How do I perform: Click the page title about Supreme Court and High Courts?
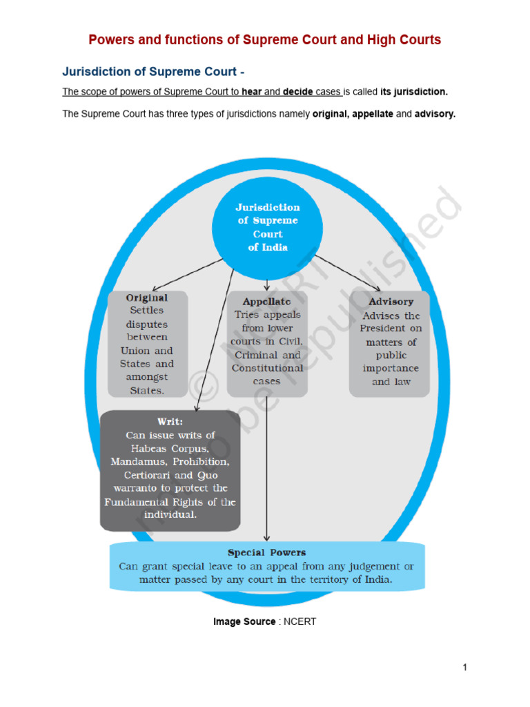[x=264, y=39]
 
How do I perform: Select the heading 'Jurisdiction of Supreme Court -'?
[x=153, y=71]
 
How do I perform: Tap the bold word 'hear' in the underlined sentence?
[x=252, y=92]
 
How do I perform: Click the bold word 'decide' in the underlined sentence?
[x=298, y=92]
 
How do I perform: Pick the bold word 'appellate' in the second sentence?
[x=373, y=115]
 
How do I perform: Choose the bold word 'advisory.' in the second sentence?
[x=435, y=115]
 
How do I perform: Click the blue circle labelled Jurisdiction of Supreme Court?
[x=267, y=227]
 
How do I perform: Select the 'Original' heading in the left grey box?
[x=146, y=298]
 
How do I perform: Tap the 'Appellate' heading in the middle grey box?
[x=266, y=302]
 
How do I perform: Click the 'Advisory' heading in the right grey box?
[x=391, y=302]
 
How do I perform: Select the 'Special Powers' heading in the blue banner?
[x=266, y=552]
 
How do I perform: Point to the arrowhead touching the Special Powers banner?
[x=266, y=538]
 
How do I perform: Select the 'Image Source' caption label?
[x=244, y=621]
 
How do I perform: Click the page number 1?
[x=465, y=667]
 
